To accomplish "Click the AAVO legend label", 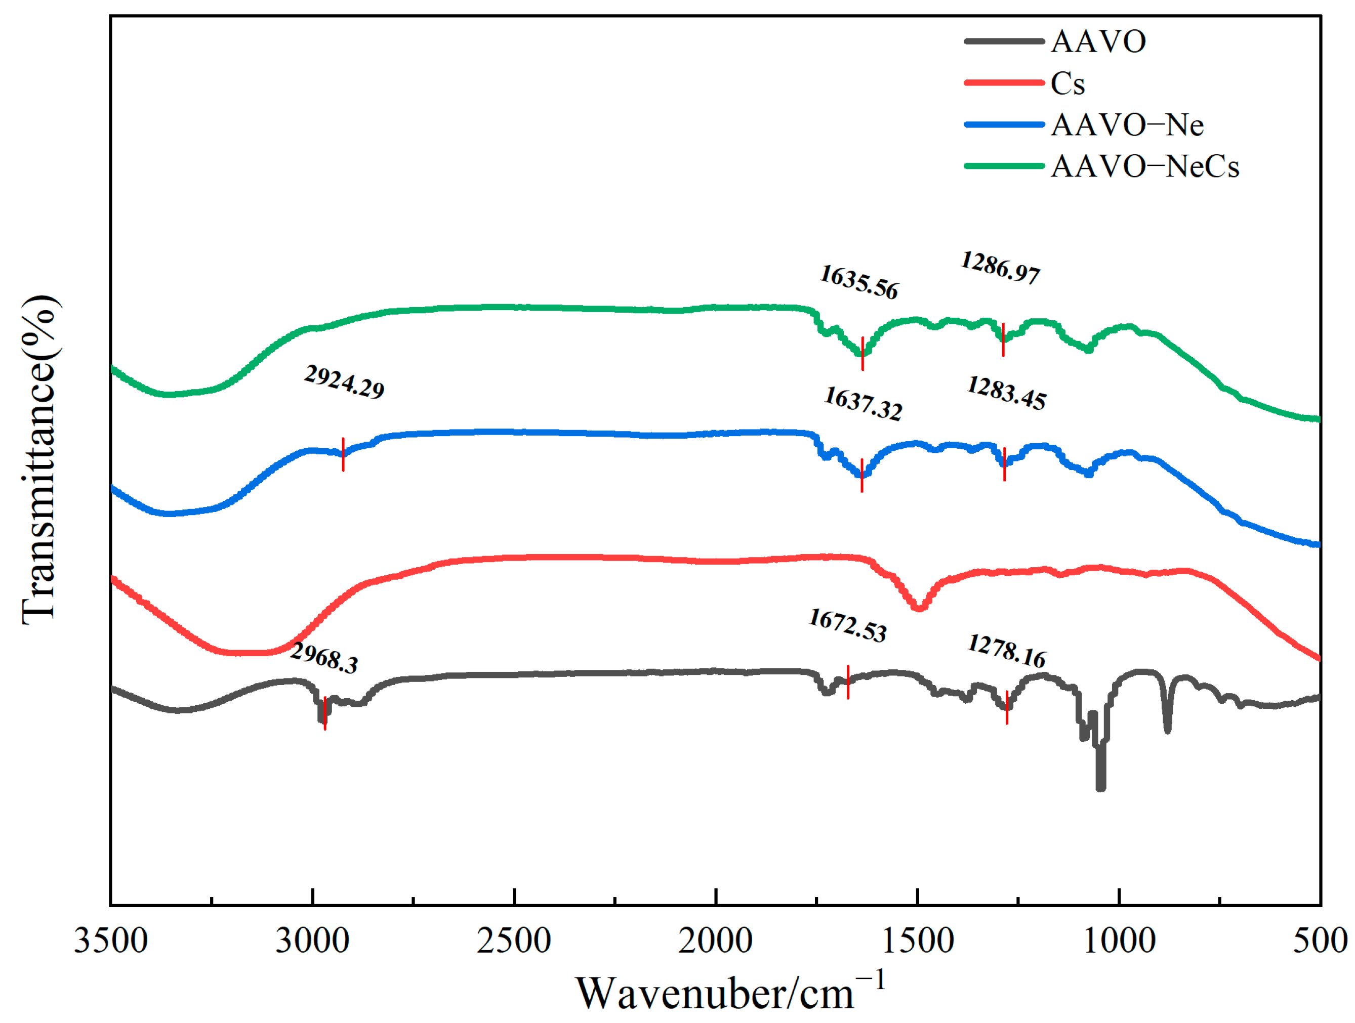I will [x=1098, y=41].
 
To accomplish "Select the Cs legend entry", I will [x=1067, y=83].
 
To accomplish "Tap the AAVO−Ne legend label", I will [x=1127, y=125].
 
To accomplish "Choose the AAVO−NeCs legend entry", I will [x=1144, y=166].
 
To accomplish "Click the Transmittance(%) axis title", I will [x=40, y=459].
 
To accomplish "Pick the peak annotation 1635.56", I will [x=859, y=283].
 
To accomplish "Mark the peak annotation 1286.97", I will [x=1000, y=268].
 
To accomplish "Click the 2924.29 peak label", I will [x=344, y=382].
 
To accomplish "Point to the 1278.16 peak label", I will [x=1006, y=651].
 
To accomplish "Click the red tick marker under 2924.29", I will [x=343, y=454].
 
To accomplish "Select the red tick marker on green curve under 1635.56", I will [x=863, y=353].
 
